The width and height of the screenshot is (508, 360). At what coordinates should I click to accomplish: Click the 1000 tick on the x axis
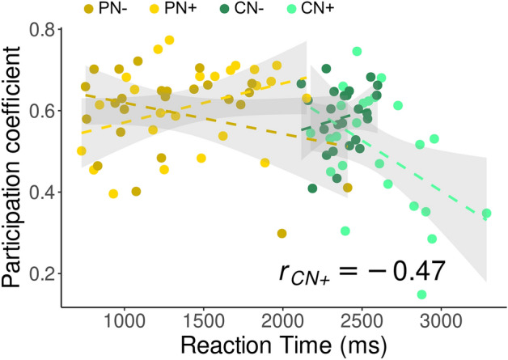pos(125,320)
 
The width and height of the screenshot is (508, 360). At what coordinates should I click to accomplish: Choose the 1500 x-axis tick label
pos(204,320)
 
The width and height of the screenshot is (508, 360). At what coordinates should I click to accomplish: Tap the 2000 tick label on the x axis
pos(283,320)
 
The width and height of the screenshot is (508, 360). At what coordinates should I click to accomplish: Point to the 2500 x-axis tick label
pos(362,320)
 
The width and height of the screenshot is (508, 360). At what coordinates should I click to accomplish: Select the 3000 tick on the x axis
pos(441,320)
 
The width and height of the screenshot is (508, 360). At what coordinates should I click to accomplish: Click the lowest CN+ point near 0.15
pos(421,294)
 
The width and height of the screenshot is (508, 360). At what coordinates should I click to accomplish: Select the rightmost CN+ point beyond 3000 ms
pos(486,214)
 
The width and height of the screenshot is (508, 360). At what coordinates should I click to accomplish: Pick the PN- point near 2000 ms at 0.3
pos(282,234)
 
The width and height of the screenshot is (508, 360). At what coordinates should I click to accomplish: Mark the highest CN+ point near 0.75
pos(357,52)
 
